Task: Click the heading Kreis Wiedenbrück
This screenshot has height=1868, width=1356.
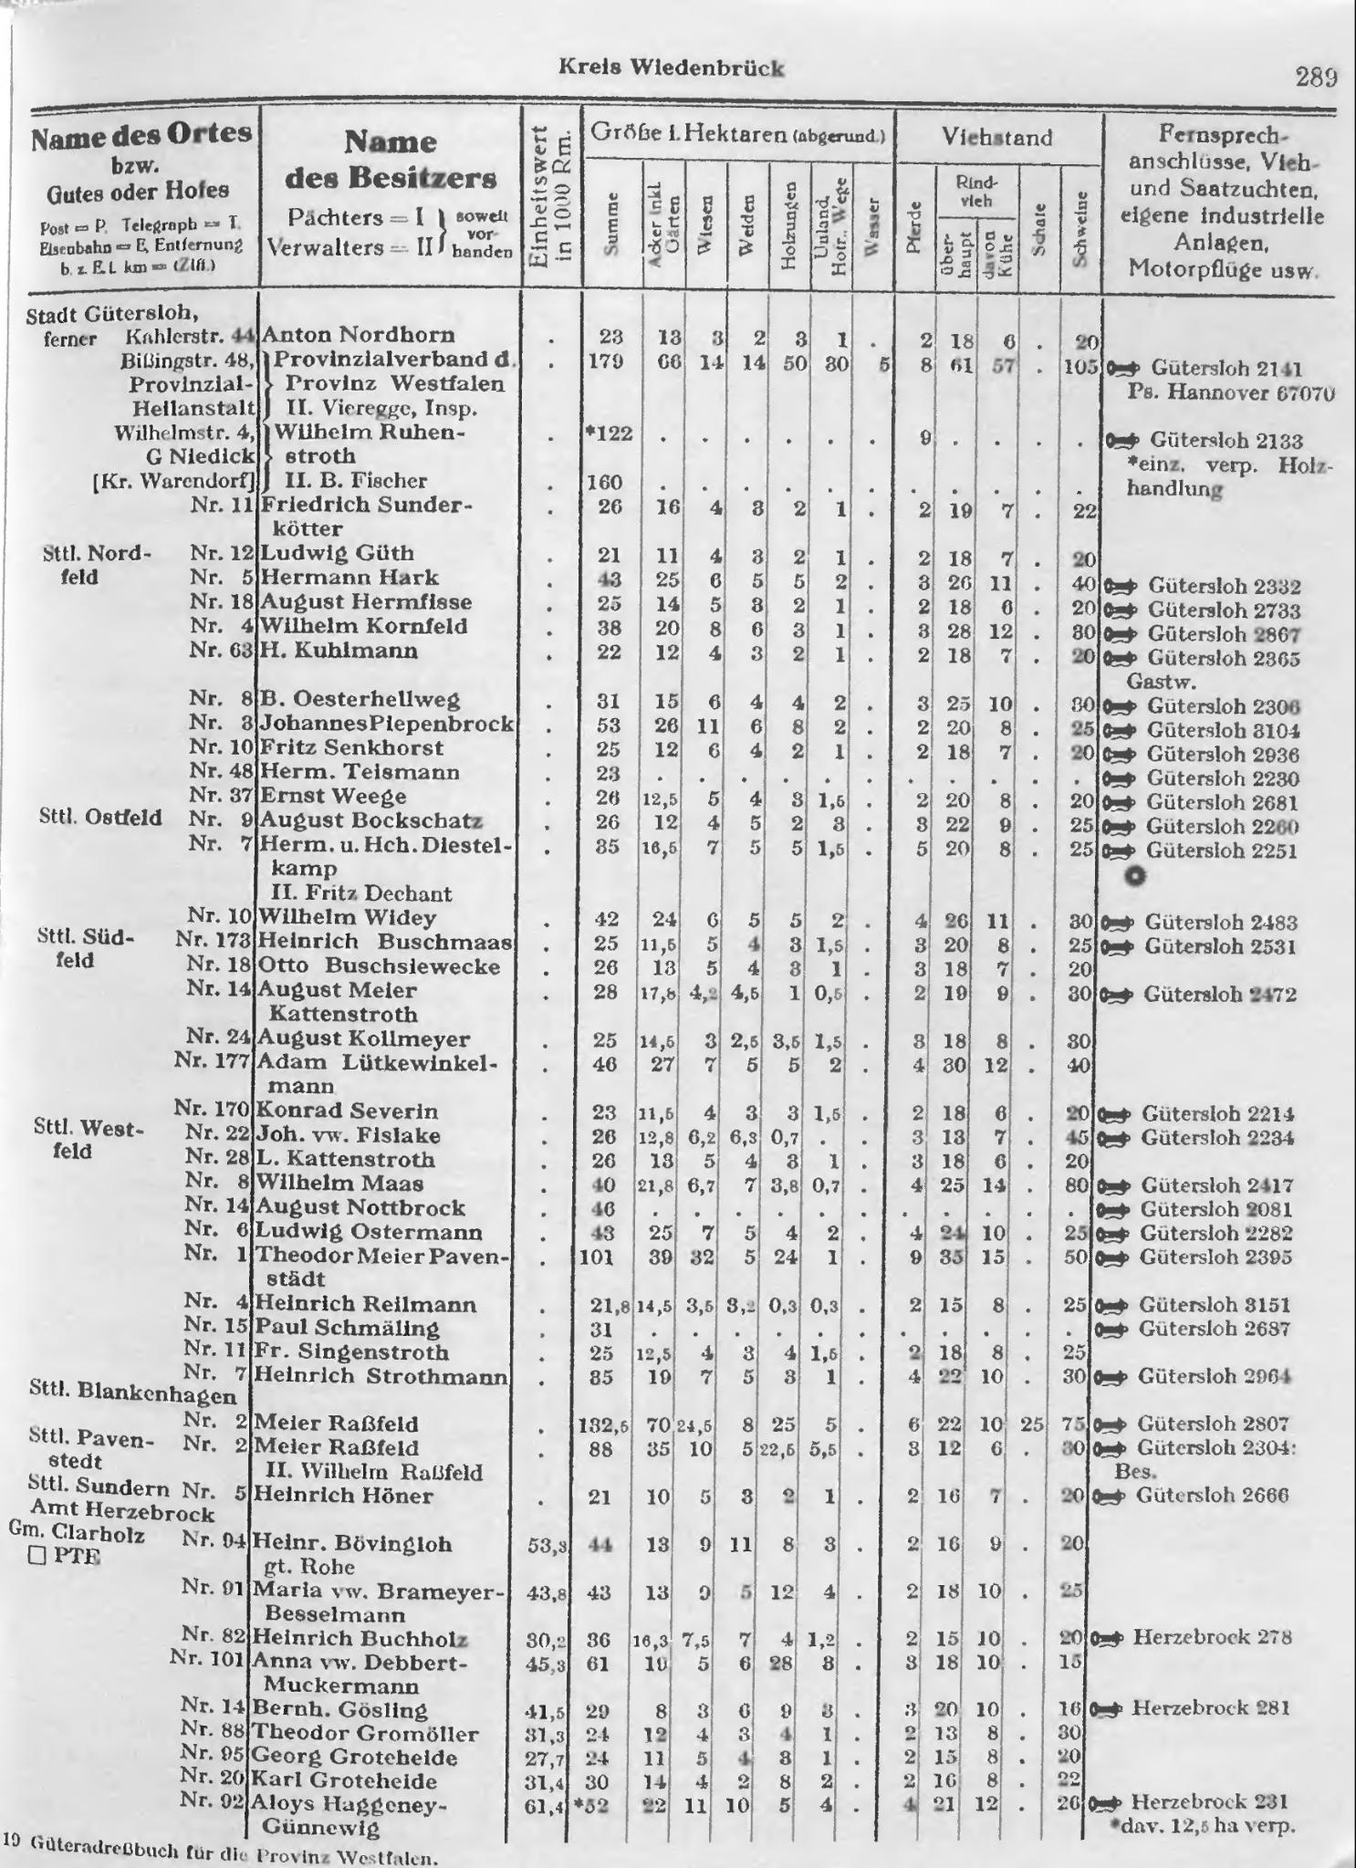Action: (x=671, y=68)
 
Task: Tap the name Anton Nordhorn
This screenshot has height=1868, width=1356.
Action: (x=358, y=336)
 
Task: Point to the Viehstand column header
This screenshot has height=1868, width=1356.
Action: (x=997, y=138)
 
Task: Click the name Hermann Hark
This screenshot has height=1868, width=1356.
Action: (x=349, y=578)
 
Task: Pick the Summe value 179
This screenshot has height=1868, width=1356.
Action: (x=604, y=360)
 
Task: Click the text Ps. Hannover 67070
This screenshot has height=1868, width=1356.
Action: (x=1231, y=393)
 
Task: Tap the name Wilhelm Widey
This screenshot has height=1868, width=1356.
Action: (x=348, y=917)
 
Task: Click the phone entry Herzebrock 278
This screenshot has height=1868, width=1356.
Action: (x=1212, y=1637)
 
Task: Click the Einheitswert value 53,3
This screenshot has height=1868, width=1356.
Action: (x=548, y=1545)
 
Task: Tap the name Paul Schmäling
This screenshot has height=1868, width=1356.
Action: (x=347, y=1328)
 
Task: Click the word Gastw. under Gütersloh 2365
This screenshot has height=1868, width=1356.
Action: (x=1161, y=681)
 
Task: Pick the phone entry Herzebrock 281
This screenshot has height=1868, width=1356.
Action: (x=1211, y=1708)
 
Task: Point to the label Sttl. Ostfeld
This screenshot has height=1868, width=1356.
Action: (x=100, y=817)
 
